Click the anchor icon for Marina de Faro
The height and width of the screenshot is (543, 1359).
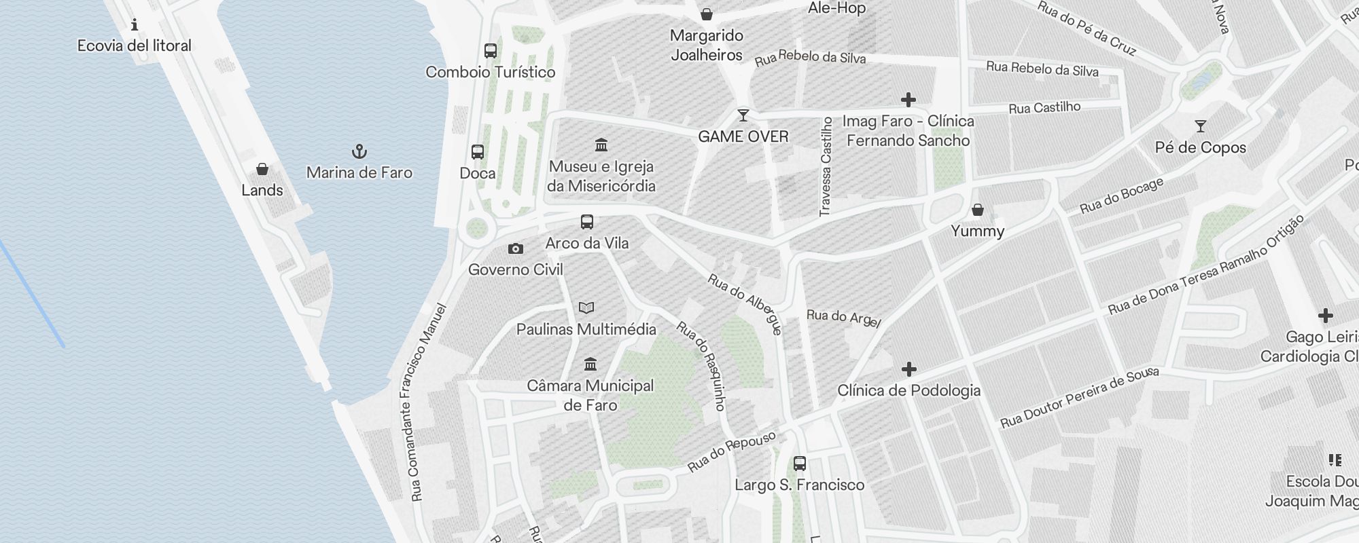(359, 151)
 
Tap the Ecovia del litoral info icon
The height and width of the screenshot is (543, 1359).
(135, 25)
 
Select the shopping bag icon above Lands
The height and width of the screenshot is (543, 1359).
(262, 169)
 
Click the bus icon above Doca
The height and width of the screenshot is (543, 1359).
(478, 152)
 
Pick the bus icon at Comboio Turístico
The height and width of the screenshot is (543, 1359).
(491, 51)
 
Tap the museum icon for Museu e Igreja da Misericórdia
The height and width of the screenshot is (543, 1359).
(601, 145)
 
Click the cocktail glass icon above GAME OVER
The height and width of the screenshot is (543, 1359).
(743, 115)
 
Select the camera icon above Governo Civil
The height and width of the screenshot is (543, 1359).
(516, 249)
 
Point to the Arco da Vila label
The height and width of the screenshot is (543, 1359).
(587, 243)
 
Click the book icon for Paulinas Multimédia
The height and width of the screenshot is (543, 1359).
(586, 308)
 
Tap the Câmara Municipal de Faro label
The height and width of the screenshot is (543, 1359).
(590, 395)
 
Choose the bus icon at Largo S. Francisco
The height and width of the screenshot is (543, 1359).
(800, 464)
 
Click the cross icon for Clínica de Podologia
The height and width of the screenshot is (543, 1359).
(909, 369)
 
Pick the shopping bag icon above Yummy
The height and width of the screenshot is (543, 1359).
(978, 210)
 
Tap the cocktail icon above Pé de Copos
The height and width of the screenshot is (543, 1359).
(1201, 126)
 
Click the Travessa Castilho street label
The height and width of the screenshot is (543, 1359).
(826, 167)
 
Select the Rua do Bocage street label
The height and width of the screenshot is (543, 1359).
(1122, 195)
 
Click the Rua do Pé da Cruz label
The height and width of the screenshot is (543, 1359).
(1087, 28)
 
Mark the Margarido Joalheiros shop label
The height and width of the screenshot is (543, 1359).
(707, 45)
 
